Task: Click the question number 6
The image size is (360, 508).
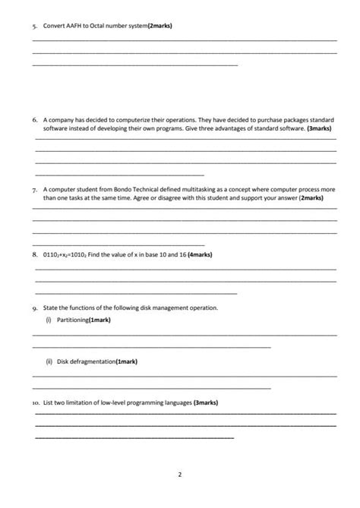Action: tap(35, 120)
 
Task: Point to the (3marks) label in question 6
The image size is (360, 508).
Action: tap(318, 129)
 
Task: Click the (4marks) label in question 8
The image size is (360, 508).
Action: tap(201, 254)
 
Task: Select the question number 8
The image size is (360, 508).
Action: tap(35, 254)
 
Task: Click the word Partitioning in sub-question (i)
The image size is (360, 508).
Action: tap(73, 321)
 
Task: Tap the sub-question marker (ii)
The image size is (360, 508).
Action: tap(48, 361)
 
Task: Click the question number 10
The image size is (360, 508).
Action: tap(36, 402)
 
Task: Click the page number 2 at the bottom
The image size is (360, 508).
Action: tap(180, 475)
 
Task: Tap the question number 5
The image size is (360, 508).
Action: tap(35, 27)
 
